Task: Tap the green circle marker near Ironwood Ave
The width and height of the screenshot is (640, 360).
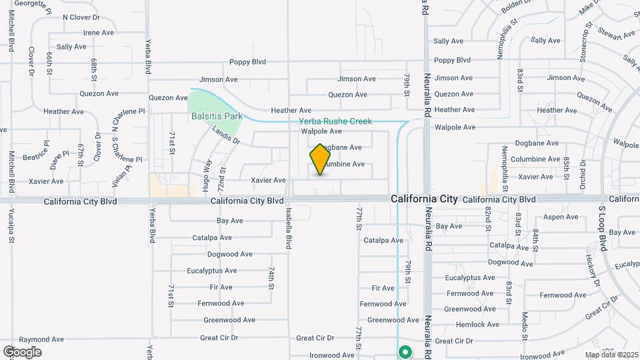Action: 405,351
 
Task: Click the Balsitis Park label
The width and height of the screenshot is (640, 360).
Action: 217,116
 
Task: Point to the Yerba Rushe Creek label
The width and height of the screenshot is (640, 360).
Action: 335,121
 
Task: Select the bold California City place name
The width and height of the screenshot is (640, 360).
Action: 424,199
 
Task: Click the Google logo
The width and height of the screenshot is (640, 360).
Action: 22,351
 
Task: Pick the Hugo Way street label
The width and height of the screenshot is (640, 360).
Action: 207,171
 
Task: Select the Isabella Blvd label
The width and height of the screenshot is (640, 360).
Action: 289,228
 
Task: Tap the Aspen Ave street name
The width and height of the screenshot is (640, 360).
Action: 561,217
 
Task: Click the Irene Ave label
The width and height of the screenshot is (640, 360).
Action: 98,32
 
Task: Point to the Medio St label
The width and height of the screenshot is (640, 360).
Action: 525,322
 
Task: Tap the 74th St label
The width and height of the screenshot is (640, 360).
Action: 272,278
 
